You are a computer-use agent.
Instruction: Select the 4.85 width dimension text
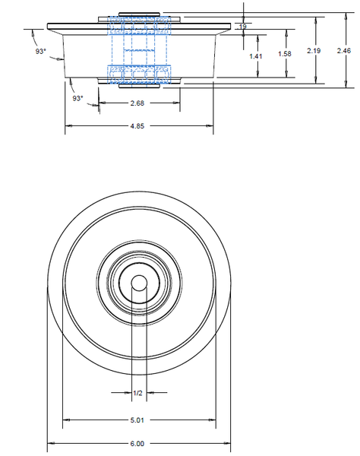(138, 126)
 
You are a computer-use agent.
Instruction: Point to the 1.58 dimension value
(286, 54)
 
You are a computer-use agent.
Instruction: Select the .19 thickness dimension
(242, 27)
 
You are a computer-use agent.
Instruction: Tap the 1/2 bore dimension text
(138, 393)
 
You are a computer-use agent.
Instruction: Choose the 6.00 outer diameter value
(138, 443)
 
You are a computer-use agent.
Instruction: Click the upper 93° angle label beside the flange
(40, 51)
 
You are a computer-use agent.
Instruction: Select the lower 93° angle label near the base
(77, 99)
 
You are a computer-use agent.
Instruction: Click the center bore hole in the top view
(139, 282)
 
